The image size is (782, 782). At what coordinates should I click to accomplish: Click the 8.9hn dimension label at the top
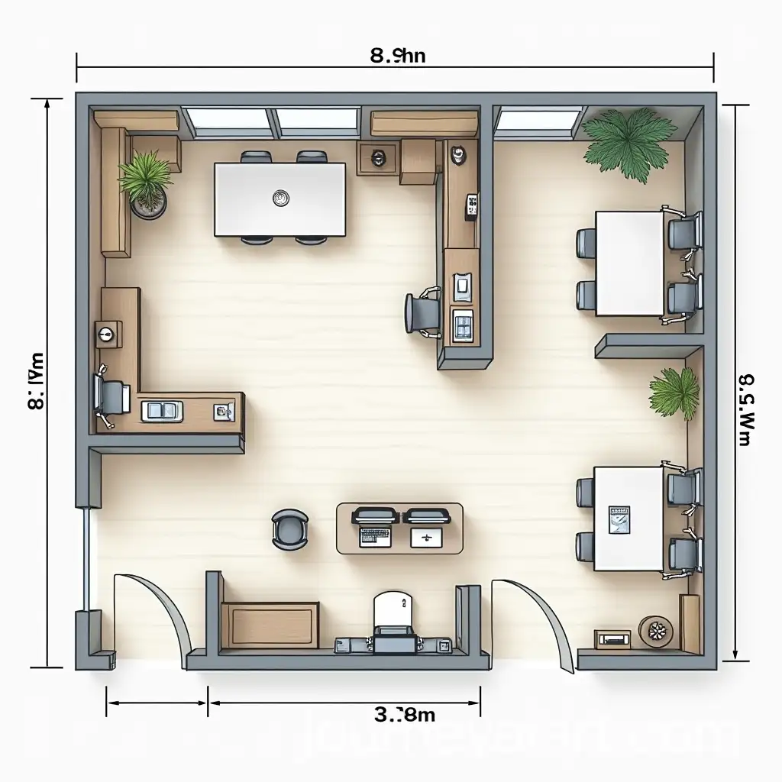tap(396, 55)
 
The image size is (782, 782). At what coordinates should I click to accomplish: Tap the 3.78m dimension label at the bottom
tap(405, 715)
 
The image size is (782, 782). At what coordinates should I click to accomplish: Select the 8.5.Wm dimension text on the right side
tap(747, 409)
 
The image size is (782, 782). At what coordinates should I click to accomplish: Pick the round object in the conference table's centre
tap(280, 199)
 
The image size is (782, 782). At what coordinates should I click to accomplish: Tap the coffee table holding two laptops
tap(399, 528)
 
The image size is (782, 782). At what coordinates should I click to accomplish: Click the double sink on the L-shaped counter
tap(162, 411)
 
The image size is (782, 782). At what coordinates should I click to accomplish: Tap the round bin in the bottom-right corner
tap(656, 631)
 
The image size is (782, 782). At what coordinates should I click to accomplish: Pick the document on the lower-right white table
tap(619, 518)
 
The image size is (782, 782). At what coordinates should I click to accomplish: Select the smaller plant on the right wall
tap(675, 394)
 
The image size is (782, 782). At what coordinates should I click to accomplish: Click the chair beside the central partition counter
tap(421, 312)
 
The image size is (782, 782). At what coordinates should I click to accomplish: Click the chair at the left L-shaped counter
tap(109, 397)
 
